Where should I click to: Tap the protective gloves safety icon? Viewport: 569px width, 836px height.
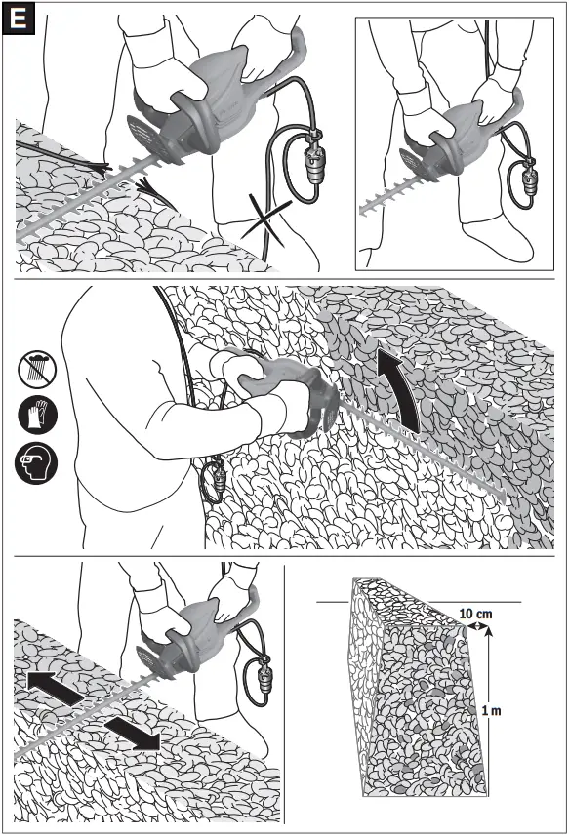37,415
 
